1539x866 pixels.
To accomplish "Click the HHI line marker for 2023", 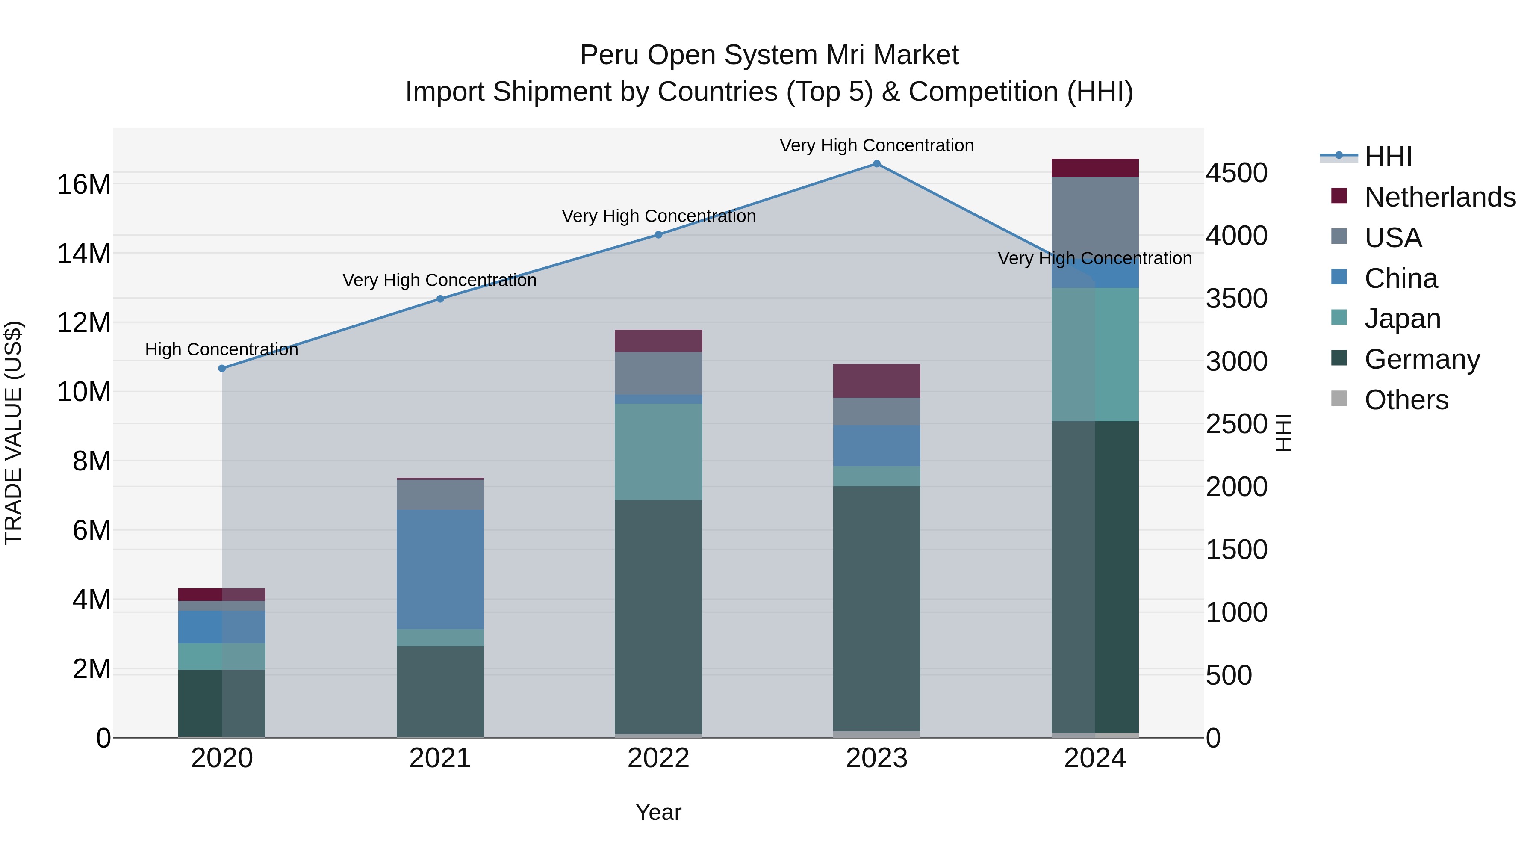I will (x=876, y=164).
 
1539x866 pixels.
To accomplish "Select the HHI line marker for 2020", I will (x=222, y=369).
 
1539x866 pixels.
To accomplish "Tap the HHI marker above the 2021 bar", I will (x=440, y=299).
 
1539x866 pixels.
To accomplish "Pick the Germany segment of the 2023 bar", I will (x=876, y=609).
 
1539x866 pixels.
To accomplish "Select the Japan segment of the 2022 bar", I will (x=658, y=452).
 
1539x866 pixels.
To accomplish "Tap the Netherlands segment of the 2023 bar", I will (x=876, y=381).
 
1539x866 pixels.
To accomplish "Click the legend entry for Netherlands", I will (x=1440, y=197).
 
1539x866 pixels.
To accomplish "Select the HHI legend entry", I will (x=1388, y=157).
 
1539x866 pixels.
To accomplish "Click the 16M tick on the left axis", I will (x=84, y=184).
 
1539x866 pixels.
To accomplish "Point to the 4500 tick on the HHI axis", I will (x=1236, y=173).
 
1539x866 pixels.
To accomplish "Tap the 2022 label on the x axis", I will (x=658, y=758).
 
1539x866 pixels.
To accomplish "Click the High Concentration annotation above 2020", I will (x=221, y=350).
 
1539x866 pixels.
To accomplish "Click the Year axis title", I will (x=658, y=812).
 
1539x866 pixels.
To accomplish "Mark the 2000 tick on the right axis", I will (x=1236, y=487).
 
